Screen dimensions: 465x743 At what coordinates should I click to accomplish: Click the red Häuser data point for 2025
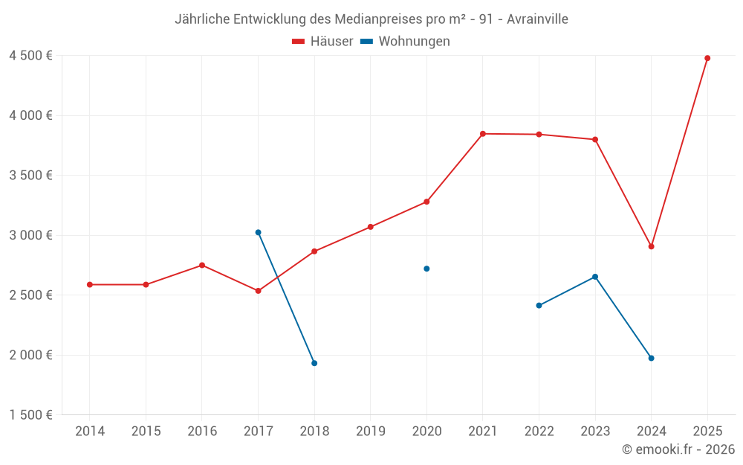[707, 58]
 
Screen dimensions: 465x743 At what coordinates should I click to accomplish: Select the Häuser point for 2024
[651, 246]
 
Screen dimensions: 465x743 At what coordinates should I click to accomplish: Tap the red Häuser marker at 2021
[483, 134]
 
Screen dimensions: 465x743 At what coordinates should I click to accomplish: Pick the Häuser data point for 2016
[202, 265]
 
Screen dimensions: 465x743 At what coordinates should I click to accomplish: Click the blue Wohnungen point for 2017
[258, 232]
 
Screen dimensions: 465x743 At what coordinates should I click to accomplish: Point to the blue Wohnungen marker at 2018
[314, 363]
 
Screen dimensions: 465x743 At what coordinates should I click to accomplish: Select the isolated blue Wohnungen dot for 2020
[426, 269]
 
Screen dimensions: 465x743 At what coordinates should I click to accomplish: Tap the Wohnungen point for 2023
[595, 277]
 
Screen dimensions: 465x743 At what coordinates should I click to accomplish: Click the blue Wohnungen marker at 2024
[651, 358]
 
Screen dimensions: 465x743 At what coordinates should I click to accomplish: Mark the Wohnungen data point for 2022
[539, 305]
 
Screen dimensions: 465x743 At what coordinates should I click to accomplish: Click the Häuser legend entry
[322, 42]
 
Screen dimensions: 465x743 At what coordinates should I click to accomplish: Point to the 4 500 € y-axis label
[30, 56]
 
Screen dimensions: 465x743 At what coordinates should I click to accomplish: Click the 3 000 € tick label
[30, 235]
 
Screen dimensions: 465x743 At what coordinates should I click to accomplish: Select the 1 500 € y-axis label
[30, 415]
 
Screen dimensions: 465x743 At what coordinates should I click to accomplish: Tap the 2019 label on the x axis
[370, 432]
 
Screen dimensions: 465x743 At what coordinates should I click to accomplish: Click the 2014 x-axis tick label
[90, 432]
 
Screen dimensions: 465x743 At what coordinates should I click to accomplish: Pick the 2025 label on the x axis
[707, 432]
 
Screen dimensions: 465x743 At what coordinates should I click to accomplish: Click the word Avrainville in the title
[537, 19]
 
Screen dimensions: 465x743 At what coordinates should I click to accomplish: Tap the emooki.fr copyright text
[678, 449]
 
